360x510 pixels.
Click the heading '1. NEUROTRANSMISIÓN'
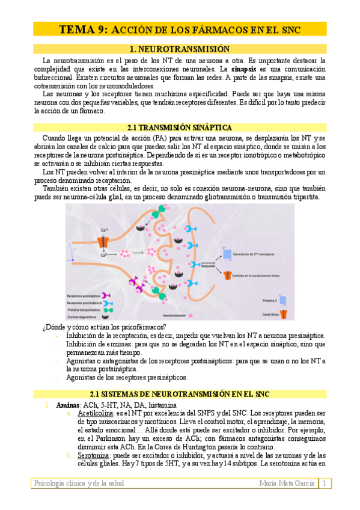(x=180, y=49)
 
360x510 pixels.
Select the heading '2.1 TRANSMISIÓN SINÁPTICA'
(x=180, y=127)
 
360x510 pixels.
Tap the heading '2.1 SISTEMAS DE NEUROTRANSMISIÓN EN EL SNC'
(x=180, y=393)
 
